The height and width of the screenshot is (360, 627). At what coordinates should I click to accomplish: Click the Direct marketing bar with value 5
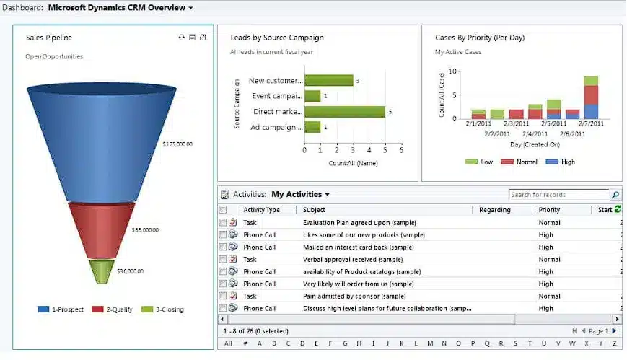[x=344, y=112]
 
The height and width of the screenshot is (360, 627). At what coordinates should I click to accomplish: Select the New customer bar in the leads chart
[x=328, y=81]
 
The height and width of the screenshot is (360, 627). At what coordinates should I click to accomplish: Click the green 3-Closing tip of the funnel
[x=102, y=271]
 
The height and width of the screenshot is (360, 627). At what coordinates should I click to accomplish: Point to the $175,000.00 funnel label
[x=177, y=144]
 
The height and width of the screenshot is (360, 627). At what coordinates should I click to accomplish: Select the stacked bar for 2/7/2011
[x=591, y=97]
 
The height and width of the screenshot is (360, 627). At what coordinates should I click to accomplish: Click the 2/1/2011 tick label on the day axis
[x=478, y=124]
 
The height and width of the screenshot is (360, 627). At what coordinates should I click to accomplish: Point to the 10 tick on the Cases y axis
[x=452, y=71]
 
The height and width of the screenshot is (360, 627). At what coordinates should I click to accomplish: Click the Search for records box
[x=558, y=195]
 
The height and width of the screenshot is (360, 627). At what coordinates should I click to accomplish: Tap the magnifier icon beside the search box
[x=615, y=195]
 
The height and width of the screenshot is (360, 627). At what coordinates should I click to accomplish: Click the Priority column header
[x=549, y=210]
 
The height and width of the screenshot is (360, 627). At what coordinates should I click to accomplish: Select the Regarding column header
[x=494, y=210]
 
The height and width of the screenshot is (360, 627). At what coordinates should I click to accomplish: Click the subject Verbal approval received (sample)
[x=353, y=260]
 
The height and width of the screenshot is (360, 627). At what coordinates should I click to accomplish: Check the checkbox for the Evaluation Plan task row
[x=223, y=223]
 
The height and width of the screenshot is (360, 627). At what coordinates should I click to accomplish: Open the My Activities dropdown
[x=300, y=195]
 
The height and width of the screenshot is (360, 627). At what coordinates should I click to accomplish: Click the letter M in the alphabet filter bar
[x=429, y=343]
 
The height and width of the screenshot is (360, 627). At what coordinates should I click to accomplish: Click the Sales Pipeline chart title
[x=49, y=38]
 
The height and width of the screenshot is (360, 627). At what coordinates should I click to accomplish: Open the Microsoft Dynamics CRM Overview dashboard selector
[x=120, y=8]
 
